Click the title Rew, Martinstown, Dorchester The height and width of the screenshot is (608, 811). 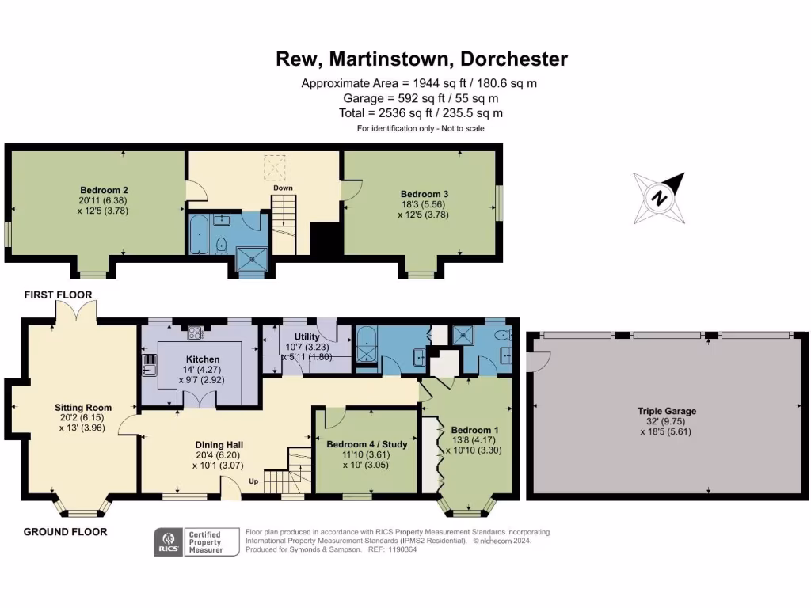[x=421, y=59]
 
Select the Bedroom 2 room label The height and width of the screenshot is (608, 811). [x=104, y=190]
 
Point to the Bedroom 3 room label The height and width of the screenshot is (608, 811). [x=419, y=194]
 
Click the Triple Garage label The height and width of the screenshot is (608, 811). [x=667, y=411]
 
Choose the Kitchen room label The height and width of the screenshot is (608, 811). [x=201, y=359]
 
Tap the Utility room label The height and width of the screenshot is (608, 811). [x=307, y=337]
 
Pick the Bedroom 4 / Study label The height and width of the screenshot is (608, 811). [x=367, y=445]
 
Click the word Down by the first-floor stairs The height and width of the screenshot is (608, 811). [x=283, y=188]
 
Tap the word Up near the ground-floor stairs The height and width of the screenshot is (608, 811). [x=253, y=481]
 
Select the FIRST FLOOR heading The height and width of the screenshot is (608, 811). [x=57, y=295]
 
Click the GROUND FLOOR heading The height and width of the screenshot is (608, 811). [x=64, y=532]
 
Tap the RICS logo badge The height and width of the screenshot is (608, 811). [x=168, y=542]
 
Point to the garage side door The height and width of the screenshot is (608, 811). [x=540, y=360]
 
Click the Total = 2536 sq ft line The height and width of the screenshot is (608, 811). [x=421, y=113]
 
